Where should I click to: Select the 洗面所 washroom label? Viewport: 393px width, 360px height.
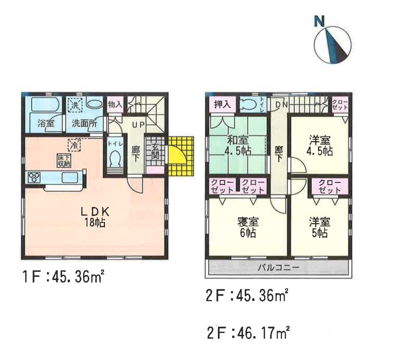click(84, 122)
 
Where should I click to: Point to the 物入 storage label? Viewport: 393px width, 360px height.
click(115, 105)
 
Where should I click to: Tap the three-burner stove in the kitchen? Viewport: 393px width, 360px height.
click(33, 177)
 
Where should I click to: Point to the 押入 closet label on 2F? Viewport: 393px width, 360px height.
click(222, 105)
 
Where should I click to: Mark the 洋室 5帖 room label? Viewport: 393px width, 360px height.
click(319, 227)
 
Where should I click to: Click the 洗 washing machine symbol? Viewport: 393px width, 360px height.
click(73, 105)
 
